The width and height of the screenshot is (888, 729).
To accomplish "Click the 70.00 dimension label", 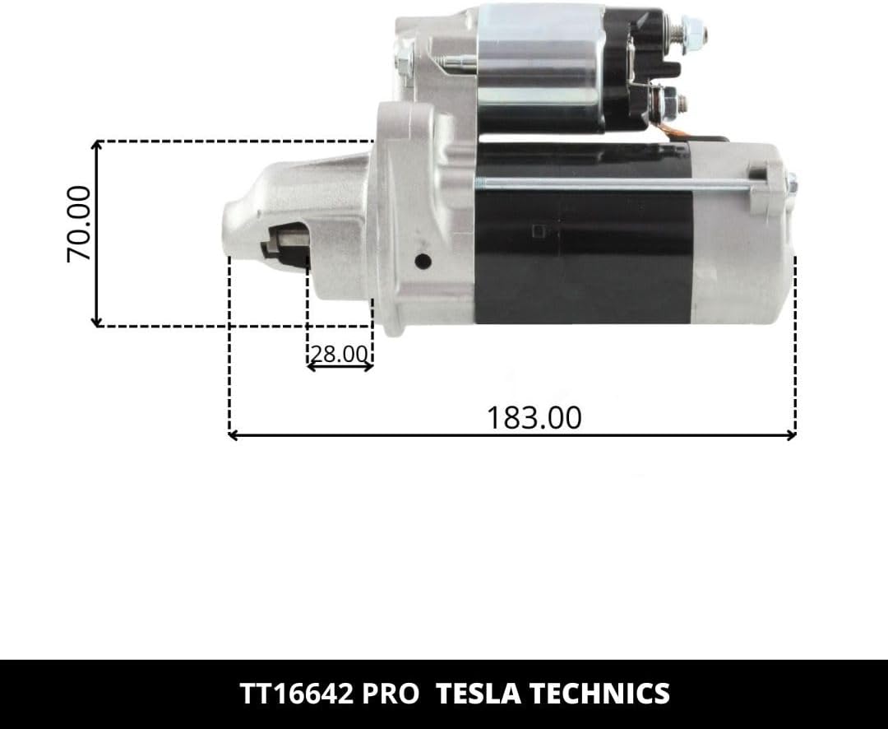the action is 78,224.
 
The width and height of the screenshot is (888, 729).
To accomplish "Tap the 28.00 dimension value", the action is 340,354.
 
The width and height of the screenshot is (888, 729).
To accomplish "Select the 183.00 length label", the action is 534,418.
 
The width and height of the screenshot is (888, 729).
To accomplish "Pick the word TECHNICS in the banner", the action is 600,694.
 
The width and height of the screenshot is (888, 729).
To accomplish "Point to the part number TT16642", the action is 296,694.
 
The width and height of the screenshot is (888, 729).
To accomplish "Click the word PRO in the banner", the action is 391,694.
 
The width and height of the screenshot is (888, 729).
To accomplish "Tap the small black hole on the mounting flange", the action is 423,262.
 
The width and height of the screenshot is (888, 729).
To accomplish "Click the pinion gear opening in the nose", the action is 285,244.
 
